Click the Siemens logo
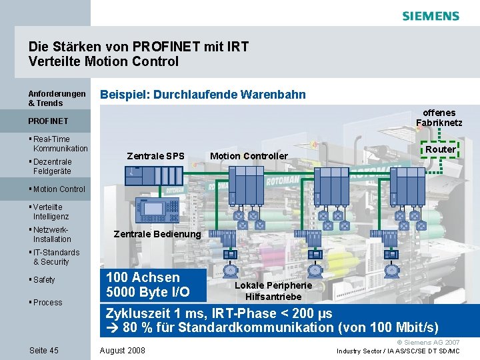(x=430, y=16)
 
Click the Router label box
(x=440, y=149)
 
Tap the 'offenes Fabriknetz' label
(x=439, y=117)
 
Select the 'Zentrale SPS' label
(x=155, y=157)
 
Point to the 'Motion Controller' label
(x=249, y=157)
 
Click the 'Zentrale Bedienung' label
(x=157, y=234)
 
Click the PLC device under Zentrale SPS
(x=155, y=175)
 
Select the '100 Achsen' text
(x=143, y=277)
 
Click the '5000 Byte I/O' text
(x=148, y=292)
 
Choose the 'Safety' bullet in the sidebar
(x=44, y=280)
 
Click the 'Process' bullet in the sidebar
(x=47, y=303)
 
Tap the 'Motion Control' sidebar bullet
(x=59, y=189)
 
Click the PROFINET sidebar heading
(x=48, y=121)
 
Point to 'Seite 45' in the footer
(x=44, y=351)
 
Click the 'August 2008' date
(x=121, y=351)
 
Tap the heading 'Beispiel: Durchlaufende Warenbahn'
(x=203, y=95)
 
